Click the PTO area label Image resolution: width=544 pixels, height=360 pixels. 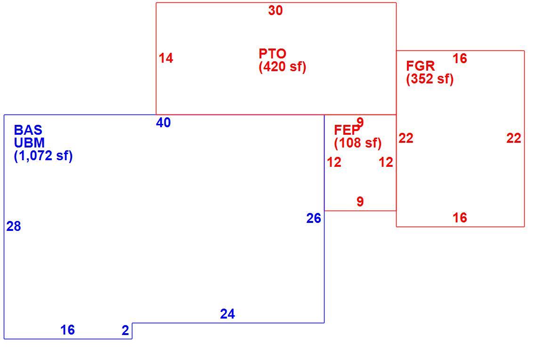pyautogui.click(x=272, y=54)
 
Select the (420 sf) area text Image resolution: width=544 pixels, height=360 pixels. pyautogui.click(x=283, y=66)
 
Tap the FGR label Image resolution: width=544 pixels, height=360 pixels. pyautogui.click(x=420, y=66)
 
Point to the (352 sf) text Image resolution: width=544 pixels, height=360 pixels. pyautogui.click(x=430, y=79)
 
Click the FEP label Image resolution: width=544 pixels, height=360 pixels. pyautogui.click(x=347, y=130)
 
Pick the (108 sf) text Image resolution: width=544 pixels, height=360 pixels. pyautogui.click(x=357, y=143)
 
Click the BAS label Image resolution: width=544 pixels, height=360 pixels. pyautogui.click(x=28, y=130)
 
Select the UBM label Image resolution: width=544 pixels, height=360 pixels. pyautogui.click(x=29, y=143)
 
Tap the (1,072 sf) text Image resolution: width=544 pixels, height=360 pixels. pyautogui.click(x=43, y=156)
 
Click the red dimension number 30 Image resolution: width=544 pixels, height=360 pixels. pyautogui.click(x=276, y=10)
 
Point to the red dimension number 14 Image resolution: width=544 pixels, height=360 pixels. pyautogui.click(x=166, y=58)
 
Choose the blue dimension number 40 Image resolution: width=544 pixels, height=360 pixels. pyautogui.click(x=163, y=123)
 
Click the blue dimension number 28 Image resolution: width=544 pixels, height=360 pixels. pyautogui.click(x=14, y=226)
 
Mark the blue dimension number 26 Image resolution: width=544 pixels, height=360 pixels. pyautogui.click(x=314, y=218)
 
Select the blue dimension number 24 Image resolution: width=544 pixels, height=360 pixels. pyautogui.click(x=227, y=314)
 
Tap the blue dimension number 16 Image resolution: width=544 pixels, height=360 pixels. pyautogui.click(x=68, y=330)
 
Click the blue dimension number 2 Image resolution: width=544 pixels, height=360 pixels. pyautogui.click(x=126, y=330)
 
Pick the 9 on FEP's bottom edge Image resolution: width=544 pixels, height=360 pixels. pyautogui.click(x=360, y=201)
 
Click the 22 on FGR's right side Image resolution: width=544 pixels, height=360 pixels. pyautogui.click(x=514, y=138)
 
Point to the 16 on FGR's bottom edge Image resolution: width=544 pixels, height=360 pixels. pyautogui.click(x=460, y=218)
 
